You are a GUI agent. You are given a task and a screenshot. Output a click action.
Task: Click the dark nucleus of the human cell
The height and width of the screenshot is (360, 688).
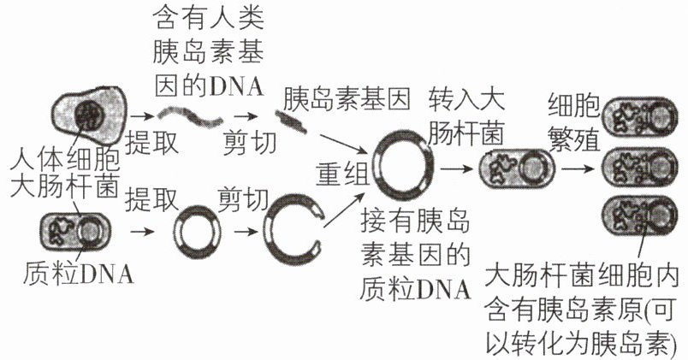[x=90, y=115]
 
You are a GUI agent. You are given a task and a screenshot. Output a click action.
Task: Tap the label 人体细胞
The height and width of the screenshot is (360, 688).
[x=65, y=160]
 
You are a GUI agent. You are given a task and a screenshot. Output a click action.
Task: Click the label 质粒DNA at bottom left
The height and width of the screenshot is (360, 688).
[x=79, y=274]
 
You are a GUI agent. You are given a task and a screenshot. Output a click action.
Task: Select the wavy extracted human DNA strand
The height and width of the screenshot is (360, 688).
[x=189, y=115]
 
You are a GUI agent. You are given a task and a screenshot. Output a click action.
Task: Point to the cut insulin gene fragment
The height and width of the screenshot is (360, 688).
[x=291, y=121]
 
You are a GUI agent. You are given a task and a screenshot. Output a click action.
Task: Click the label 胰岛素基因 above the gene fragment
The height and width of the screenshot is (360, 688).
[x=347, y=99]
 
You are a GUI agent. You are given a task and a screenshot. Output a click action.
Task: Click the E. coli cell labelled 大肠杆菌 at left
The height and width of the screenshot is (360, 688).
[x=75, y=231]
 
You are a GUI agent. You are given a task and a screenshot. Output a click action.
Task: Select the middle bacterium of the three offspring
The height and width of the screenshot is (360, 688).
[x=639, y=167]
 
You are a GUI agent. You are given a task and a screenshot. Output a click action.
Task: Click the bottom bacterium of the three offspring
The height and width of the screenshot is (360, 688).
[x=639, y=215]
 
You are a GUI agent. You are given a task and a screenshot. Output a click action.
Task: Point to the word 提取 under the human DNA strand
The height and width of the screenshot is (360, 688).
[x=151, y=142]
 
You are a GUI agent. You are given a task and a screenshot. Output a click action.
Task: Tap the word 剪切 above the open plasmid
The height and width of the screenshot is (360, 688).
[x=244, y=200]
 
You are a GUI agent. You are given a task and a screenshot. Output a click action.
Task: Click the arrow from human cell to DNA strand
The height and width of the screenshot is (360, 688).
[x=141, y=116]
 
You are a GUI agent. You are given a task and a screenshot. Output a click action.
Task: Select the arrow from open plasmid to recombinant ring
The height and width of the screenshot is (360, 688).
[x=346, y=210]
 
